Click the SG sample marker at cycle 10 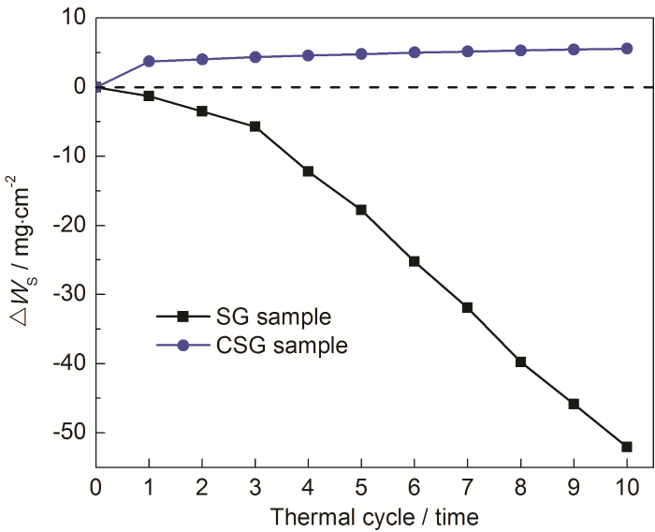(626, 447)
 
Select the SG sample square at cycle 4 (308, 171)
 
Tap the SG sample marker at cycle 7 (467, 307)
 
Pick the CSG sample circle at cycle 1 (149, 61)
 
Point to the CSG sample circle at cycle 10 (626, 49)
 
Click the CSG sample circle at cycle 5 (361, 53)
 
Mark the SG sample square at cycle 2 (202, 111)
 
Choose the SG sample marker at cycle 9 (574, 404)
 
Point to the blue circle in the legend (183, 346)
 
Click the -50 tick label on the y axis (68, 433)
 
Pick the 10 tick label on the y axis (74, 18)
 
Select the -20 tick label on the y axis (68, 226)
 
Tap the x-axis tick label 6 (414, 487)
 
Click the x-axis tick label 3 (255, 487)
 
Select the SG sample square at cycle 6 (414, 261)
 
